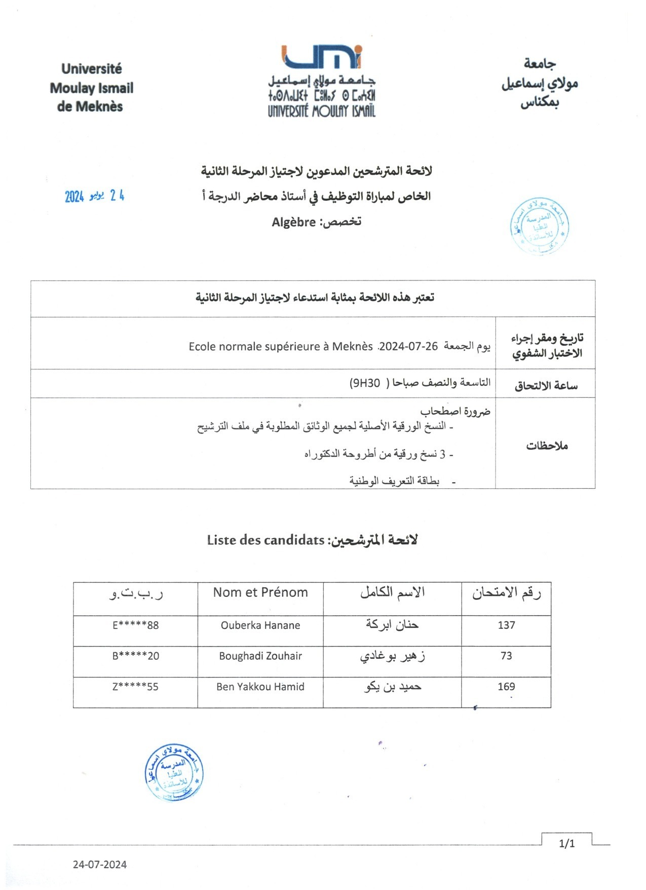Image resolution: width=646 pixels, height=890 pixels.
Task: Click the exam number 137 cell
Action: coord(506,625)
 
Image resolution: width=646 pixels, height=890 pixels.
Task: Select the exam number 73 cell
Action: coord(506,656)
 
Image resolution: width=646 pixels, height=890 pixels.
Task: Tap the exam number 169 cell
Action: coord(506,687)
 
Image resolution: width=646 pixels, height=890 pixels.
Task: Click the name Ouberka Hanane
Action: coord(260,625)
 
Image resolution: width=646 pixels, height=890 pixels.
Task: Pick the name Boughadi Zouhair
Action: coord(260,656)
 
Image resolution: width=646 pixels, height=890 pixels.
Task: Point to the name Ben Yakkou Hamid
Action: coord(260,687)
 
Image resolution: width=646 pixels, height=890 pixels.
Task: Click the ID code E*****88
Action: coord(135,625)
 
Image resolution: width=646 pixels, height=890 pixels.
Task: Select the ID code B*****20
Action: coord(135,656)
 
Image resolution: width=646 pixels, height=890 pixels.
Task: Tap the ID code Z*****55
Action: coord(135,687)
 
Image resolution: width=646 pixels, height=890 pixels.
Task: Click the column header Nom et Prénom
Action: coord(260,592)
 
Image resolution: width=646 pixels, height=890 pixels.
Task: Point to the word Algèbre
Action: coord(294,222)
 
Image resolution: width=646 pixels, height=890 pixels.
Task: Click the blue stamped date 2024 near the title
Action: coord(74,197)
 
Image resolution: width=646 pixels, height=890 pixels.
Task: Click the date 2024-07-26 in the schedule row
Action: coord(408,346)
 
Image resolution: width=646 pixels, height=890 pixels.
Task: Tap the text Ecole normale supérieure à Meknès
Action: coord(281,346)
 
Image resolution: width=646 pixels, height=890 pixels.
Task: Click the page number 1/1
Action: coord(567,843)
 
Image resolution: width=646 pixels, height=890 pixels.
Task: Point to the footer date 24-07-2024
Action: coord(100,865)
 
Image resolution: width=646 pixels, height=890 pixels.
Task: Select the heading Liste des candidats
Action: coord(265,540)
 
